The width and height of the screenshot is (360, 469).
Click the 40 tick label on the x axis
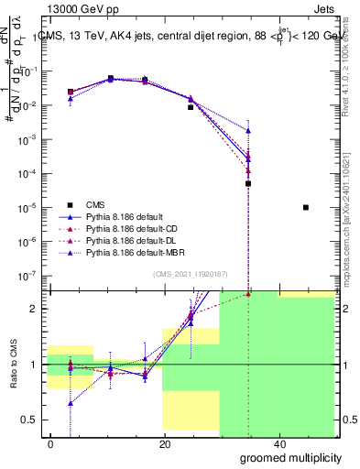(278, 443)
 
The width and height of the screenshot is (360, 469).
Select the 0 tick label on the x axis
(50, 443)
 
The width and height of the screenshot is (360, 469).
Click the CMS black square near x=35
(248, 183)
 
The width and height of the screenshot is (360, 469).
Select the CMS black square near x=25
(191, 107)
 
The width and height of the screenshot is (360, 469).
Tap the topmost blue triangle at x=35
(248, 131)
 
